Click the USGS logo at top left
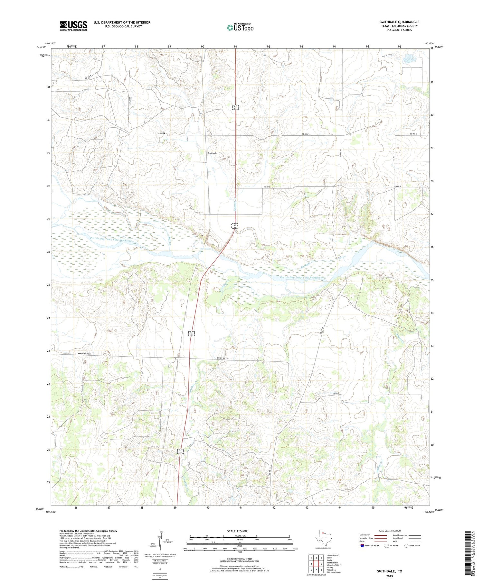tap(73, 26)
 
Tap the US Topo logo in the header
tap(240, 27)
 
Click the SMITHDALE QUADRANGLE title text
tap(399, 22)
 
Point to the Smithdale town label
tap(212, 153)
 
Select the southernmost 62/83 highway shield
tap(181, 451)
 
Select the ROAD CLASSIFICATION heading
tap(389, 531)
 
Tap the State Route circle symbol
tap(406, 545)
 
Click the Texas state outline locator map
tap(322, 538)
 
